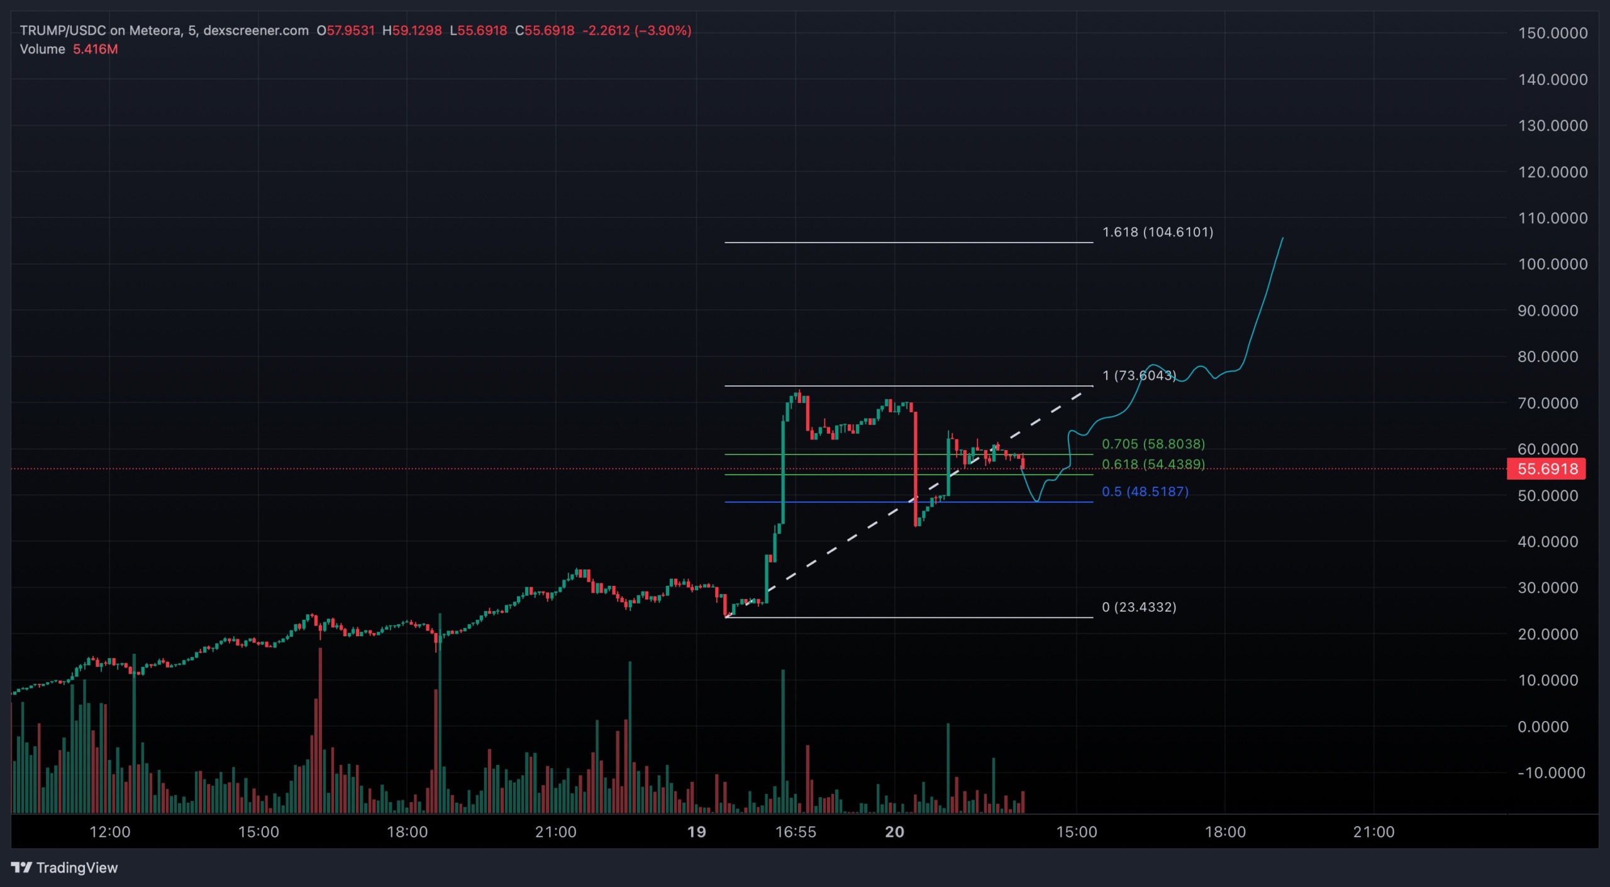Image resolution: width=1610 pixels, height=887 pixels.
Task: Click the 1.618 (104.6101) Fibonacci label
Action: [1157, 232]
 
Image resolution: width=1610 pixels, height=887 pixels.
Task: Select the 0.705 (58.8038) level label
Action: [1153, 444]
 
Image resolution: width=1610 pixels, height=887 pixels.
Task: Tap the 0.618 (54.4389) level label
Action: [1153, 464]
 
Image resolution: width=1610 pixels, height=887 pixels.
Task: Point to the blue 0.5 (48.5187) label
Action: [1145, 492]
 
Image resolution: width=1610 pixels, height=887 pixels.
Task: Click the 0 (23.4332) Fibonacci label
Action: [1138, 607]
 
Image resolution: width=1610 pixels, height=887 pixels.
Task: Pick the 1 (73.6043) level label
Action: [1138, 375]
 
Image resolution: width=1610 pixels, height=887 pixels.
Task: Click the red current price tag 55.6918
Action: [1546, 469]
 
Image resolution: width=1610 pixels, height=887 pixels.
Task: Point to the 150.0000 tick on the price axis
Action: [1552, 33]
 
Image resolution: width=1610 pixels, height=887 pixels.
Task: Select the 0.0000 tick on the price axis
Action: [1547, 727]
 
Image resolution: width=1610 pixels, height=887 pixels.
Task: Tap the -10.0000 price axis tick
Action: [1551, 773]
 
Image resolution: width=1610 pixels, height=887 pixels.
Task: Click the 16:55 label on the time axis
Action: [795, 832]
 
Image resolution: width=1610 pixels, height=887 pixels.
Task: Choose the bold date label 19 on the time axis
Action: [696, 832]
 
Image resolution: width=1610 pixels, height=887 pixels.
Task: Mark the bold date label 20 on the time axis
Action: [894, 832]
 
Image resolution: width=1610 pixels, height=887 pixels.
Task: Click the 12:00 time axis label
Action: [109, 832]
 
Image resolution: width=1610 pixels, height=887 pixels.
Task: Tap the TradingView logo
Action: [64, 868]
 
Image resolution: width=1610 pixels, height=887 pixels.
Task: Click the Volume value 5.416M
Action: [95, 49]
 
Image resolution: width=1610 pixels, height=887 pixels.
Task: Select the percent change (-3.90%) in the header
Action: [663, 30]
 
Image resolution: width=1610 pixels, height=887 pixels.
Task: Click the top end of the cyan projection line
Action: [1282, 238]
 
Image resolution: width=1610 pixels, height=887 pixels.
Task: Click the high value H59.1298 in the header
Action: [412, 30]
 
